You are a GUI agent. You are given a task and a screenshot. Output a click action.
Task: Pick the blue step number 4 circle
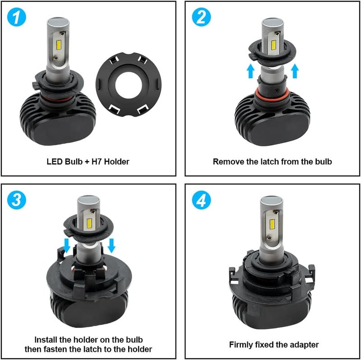(x=202, y=200)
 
